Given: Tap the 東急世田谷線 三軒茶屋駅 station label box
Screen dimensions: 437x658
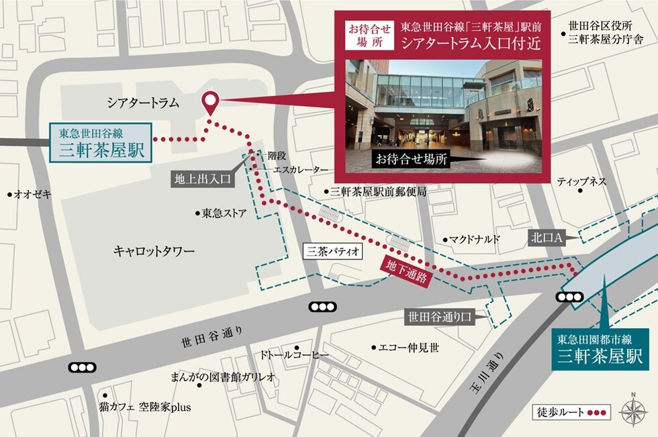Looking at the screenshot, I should pos(101,142).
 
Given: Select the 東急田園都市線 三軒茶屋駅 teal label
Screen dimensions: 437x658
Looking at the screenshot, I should pos(600,349).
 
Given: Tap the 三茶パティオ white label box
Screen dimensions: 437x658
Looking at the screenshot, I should pos(334,252).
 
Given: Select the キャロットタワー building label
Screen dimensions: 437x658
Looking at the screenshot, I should pos(154,251).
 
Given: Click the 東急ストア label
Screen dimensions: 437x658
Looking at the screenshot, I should pos(224,214).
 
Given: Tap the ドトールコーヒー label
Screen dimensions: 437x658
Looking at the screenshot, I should pos(295,354).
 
